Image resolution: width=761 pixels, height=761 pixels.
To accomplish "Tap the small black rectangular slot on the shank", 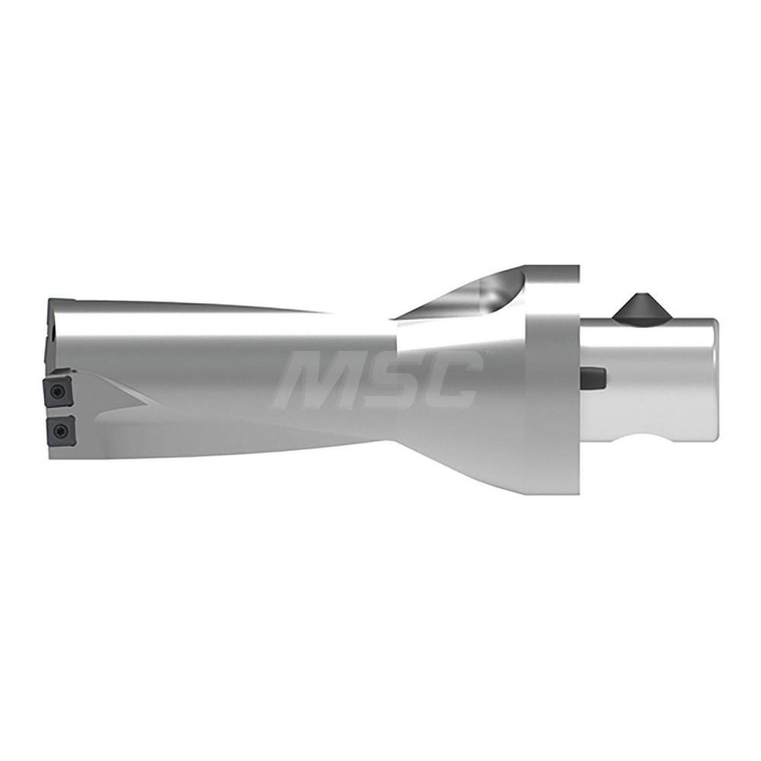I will [593, 376].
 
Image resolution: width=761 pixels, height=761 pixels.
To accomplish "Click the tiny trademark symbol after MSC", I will [488, 354].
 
